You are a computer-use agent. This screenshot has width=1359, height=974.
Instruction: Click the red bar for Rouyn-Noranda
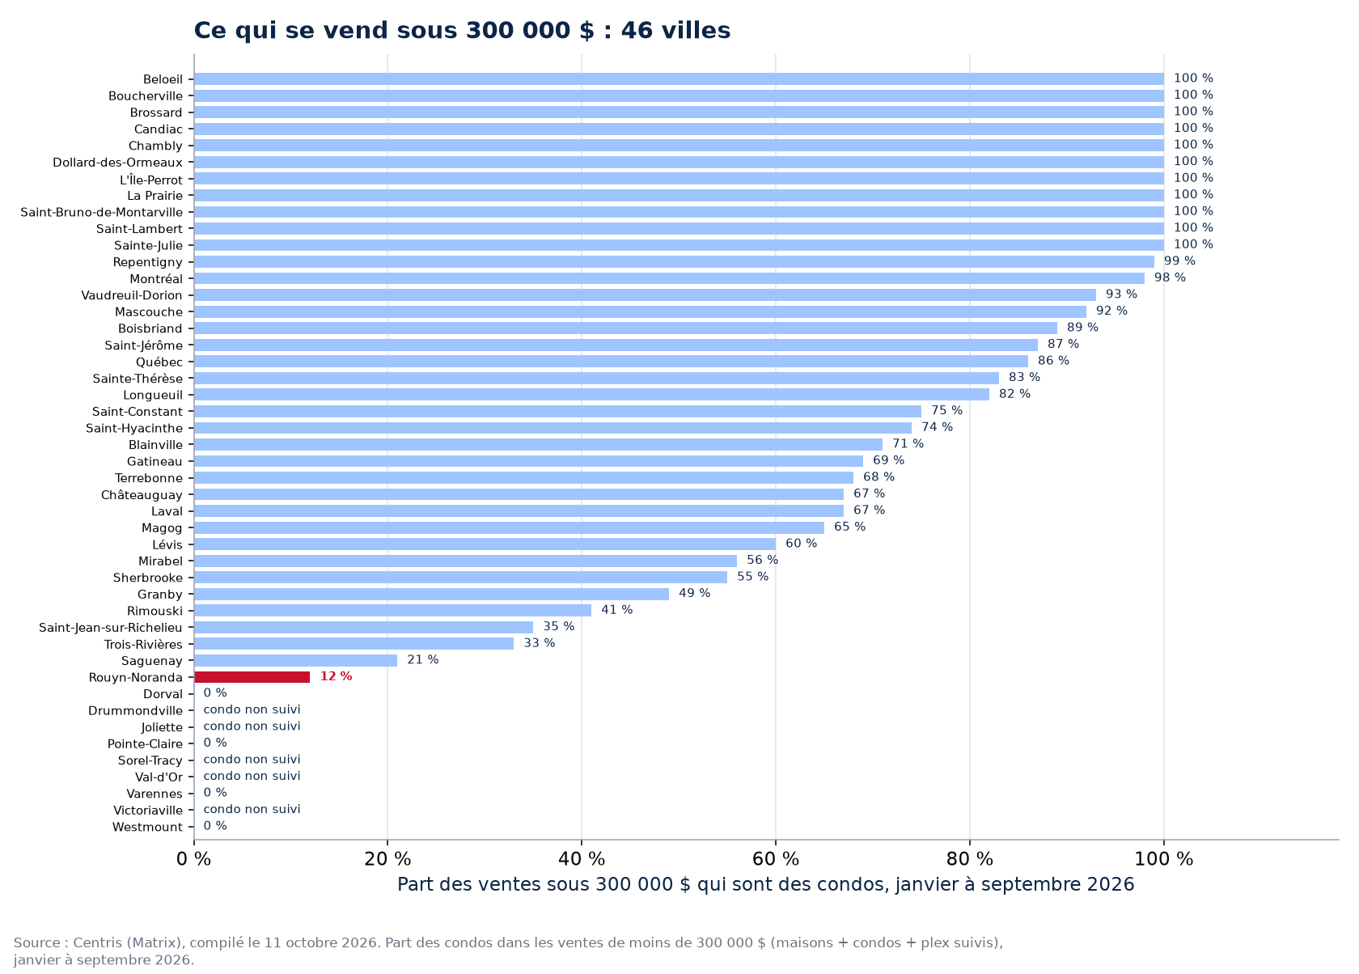tap(252, 677)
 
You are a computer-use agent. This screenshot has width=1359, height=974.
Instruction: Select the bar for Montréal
tap(669, 278)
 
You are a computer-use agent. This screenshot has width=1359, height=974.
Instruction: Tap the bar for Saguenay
tap(295, 661)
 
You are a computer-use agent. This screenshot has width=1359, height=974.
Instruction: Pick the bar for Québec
tap(611, 362)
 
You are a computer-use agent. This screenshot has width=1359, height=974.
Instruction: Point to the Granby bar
tap(431, 594)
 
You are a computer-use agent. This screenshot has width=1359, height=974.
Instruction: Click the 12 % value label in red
tap(337, 676)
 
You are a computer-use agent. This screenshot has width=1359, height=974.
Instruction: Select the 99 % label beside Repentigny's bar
tap(1179, 261)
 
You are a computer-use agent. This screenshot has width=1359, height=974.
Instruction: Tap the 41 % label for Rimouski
tap(617, 610)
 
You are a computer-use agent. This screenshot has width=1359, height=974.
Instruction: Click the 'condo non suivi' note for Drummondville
tap(252, 709)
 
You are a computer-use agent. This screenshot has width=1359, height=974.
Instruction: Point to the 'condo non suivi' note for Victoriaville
tap(252, 809)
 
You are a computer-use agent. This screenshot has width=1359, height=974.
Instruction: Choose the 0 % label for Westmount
tap(215, 826)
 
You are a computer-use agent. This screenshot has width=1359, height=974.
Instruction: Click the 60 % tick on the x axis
tap(775, 859)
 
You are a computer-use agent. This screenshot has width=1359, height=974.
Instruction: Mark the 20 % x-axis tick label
tap(387, 859)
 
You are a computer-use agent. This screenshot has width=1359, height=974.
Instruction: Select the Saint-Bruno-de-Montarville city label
tap(101, 213)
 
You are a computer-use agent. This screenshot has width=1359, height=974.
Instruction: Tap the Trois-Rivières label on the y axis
tap(143, 645)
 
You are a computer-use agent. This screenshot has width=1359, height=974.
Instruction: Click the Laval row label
tap(167, 511)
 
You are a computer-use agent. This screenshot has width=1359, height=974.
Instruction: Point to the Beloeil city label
tap(163, 79)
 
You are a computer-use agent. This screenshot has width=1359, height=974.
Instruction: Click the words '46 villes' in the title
tap(676, 31)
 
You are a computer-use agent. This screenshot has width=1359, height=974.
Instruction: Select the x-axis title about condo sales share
tap(765, 885)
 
